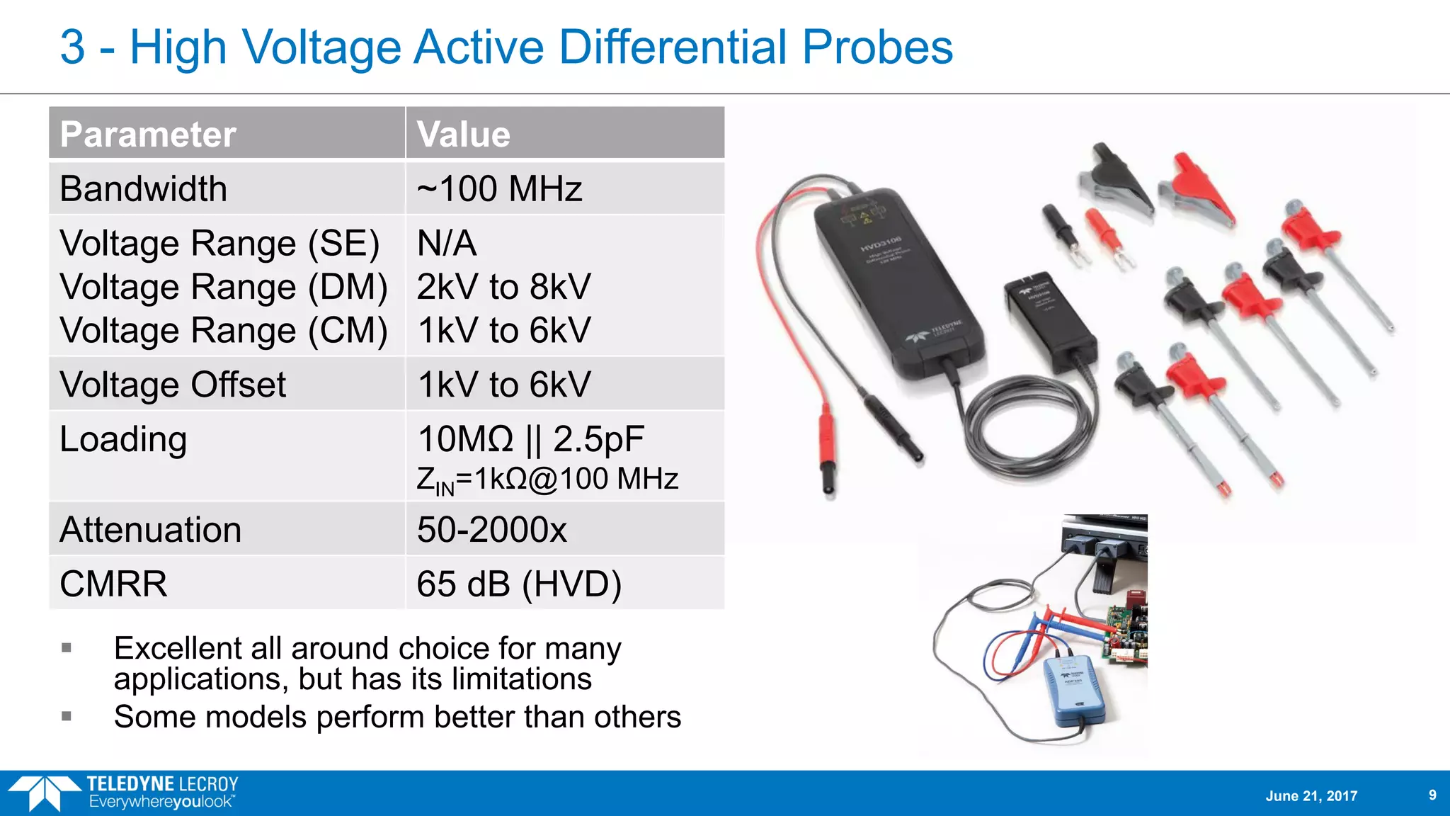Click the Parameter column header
pos(148,135)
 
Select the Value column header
pos(464,135)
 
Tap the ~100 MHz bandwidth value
pos(499,189)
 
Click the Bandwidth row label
pos(144,189)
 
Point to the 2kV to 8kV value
pos(503,287)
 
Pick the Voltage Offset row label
pos(173,385)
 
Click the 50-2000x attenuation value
pos(492,530)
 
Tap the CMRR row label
pos(113,584)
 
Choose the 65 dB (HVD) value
pos(519,584)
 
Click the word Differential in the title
pos(673,47)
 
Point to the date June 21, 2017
pos(1311,795)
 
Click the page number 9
pos(1432,795)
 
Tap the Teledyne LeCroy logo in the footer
pos(124,793)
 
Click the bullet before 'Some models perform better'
pos(67,716)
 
